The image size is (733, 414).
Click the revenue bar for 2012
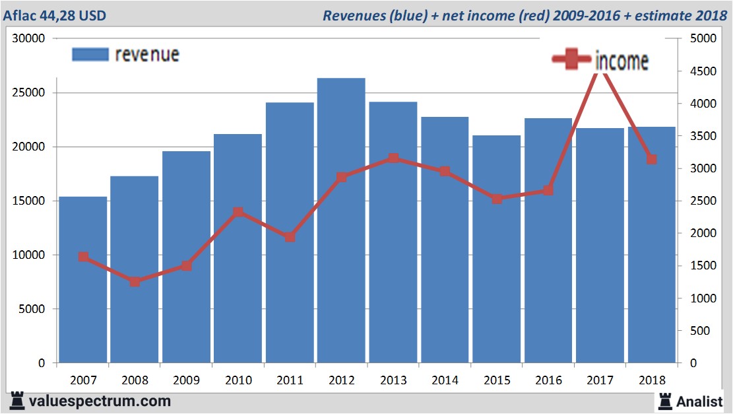(x=341, y=221)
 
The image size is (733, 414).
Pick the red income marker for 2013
(x=393, y=158)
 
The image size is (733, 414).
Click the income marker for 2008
(x=135, y=282)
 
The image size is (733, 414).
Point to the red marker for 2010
(x=238, y=213)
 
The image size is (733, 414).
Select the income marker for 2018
(x=651, y=159)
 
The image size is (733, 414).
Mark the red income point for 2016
(x=548, y=191)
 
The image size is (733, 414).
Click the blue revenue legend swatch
(x=90, y=55)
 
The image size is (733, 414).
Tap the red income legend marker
(x=571, y=60)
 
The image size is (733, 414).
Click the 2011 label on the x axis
(x=290, y=380)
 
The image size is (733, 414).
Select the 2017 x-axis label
(x=600, y=380)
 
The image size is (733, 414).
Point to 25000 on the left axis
(x=30, y=92)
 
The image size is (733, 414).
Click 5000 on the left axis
(x=33, y=309)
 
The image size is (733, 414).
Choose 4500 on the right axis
(x=702, y=71)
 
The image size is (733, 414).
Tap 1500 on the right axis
(x=702, y=266)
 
